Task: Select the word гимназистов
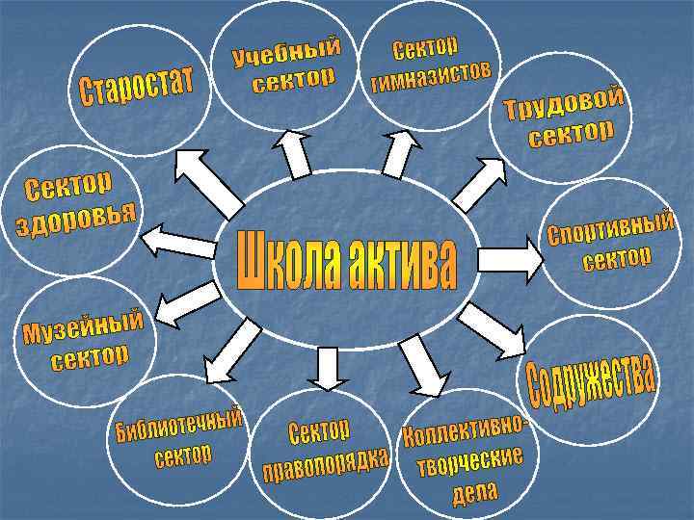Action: coord(433,76)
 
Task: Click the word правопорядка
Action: coord(326,464)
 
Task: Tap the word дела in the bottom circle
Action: coord(474,493)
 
